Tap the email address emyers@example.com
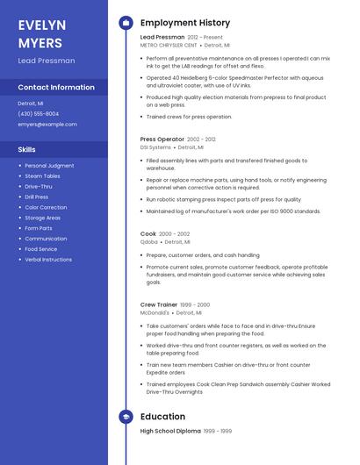pos(47,125)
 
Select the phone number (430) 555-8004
pos(39,114)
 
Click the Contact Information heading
pos(56,88)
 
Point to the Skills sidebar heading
pos(27,149)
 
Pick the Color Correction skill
pos(46,207)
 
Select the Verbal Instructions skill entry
pos(48,260)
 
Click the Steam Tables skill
pos(42,175)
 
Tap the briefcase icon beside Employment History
pos(126,23)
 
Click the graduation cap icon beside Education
pos(126,417)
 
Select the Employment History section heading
pos(185,23)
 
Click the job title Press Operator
pos(162,139)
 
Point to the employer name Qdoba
pos(149,241)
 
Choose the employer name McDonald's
pos(155,311)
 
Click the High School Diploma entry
pos(170,432)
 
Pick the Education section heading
pos(163,417)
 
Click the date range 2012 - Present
pos(205,38)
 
